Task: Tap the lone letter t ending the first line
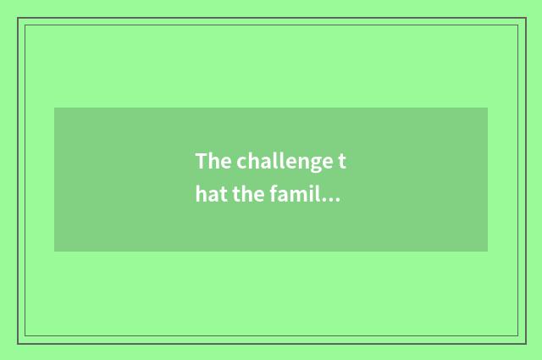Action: click(343, 161)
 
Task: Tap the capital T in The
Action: click(202, 161)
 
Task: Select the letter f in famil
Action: click(276, 196)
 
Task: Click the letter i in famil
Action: click(314, 196)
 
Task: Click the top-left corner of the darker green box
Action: click(54, 108)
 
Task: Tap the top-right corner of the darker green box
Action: click(488, 108)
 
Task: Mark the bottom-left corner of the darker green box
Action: click(54, 252)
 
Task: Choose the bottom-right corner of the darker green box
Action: click(488, 252)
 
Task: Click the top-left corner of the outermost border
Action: click(18, 18)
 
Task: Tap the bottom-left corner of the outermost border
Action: click(18, 343)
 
